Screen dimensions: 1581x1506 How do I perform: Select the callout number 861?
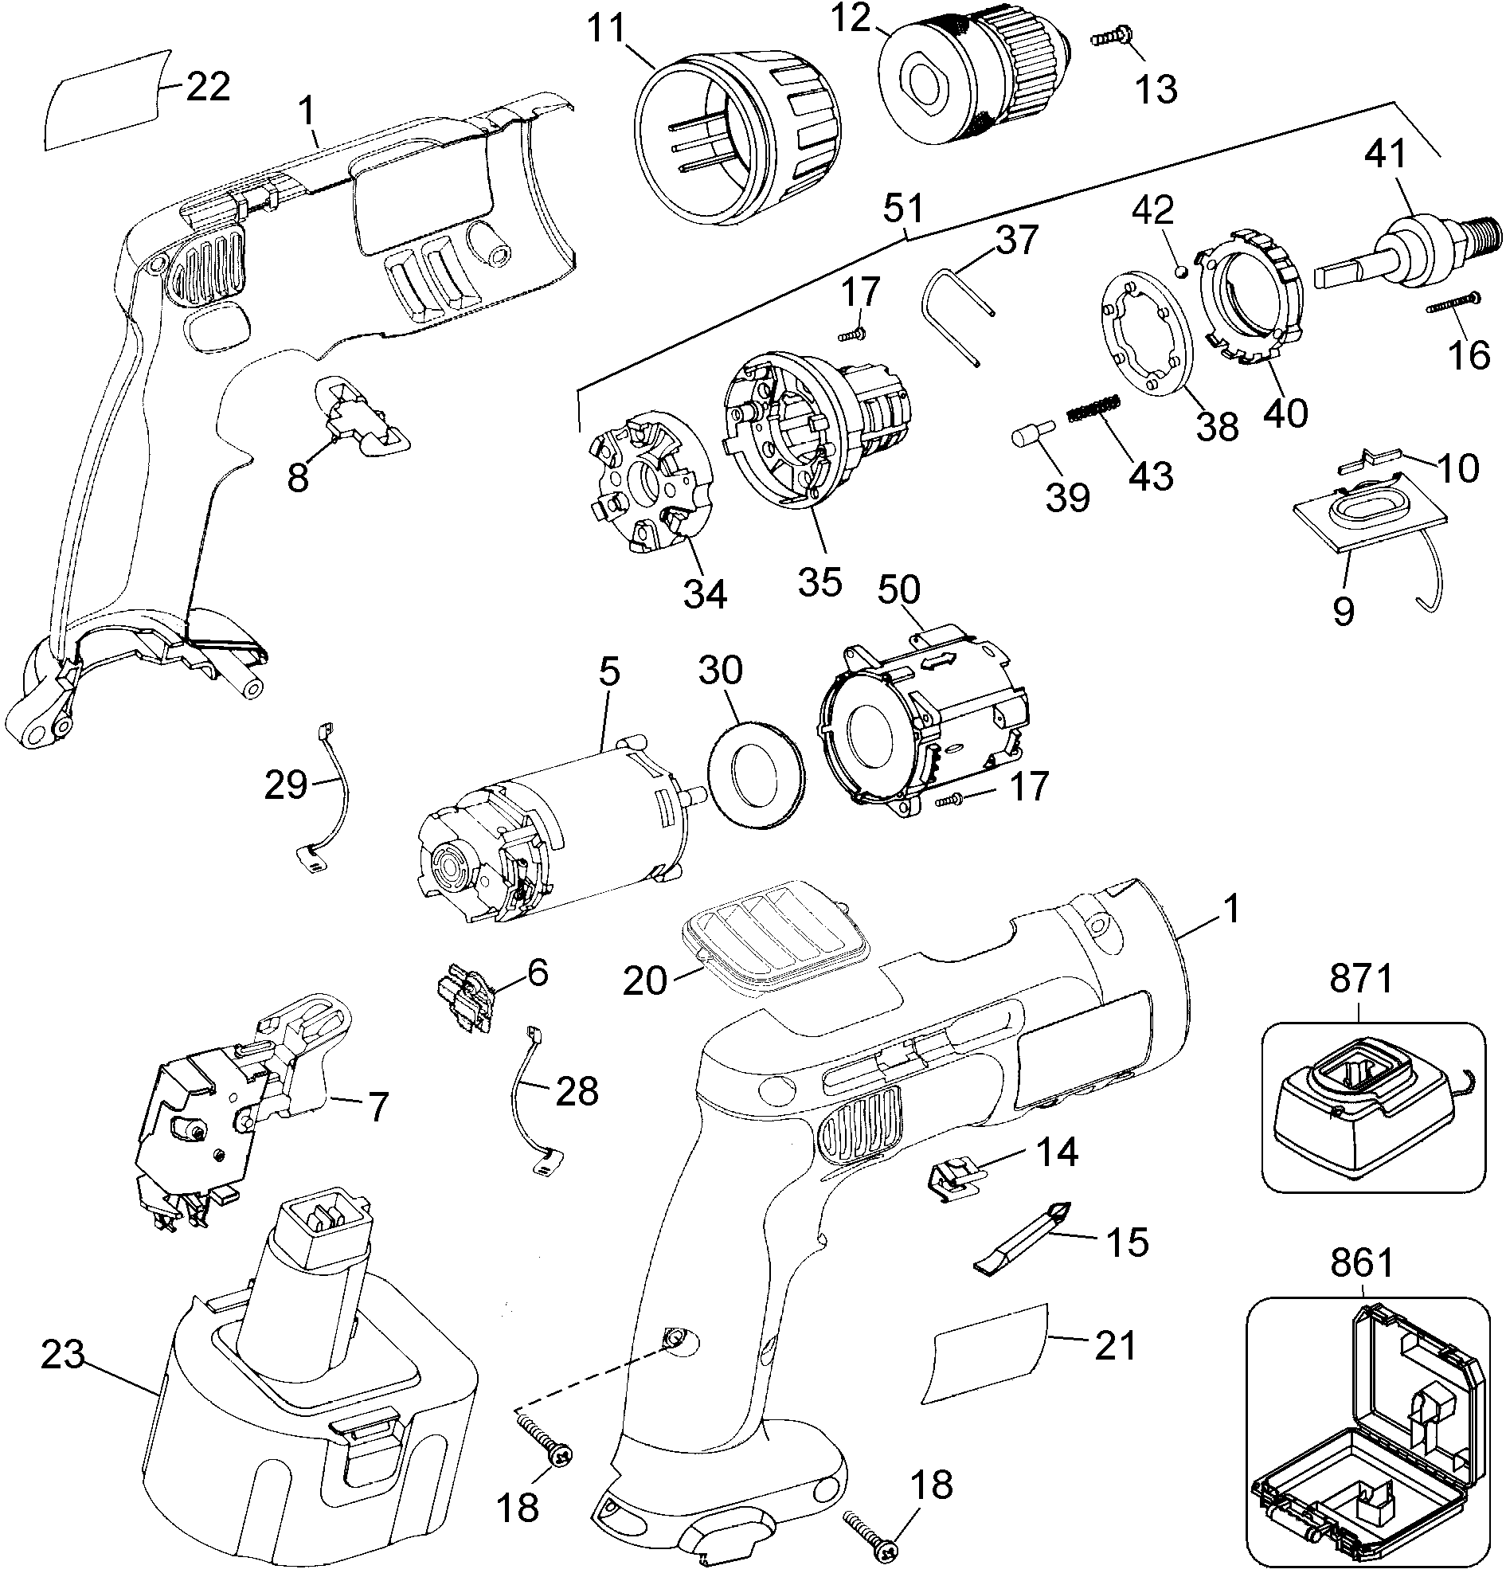click(x=1362, y=1263)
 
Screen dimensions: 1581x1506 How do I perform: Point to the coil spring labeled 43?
click(x=1093, y=409)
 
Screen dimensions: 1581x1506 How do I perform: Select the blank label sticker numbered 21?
click(x=985, y=1353)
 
